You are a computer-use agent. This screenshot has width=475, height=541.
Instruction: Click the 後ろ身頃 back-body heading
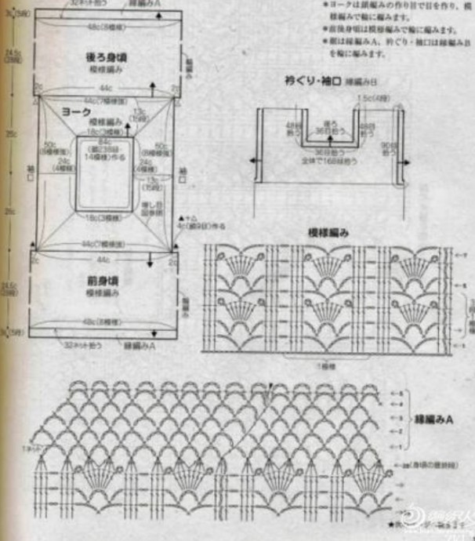[x=107, y=58]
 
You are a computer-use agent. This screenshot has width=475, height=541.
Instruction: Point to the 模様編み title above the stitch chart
[x=328, y=233]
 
